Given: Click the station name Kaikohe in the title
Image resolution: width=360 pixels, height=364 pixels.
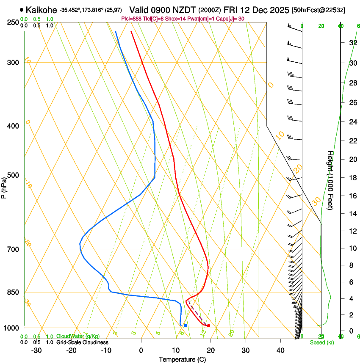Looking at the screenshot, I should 41,10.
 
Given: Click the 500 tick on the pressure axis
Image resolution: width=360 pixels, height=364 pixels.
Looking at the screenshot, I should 14,175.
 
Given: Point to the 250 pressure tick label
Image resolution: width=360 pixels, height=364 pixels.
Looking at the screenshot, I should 14,22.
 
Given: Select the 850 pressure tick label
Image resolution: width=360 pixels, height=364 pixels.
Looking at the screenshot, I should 14,292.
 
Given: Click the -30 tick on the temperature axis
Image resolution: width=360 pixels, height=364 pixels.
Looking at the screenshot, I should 36,350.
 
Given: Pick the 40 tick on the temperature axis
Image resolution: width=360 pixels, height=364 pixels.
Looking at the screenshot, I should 280,350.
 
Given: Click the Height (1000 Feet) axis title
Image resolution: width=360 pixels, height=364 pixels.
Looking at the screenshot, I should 331,180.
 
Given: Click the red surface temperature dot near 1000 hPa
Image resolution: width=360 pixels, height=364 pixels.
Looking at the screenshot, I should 208,325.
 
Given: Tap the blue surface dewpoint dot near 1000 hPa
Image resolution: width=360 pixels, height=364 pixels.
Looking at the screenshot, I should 186,325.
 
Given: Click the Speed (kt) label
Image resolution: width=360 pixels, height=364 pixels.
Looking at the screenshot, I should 322,342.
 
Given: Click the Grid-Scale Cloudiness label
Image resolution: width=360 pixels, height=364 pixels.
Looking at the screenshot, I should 82,342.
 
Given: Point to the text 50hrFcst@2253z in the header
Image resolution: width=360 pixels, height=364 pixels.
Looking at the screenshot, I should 318,10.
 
